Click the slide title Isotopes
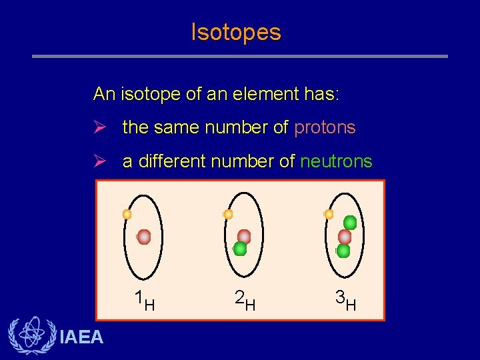click(236, 32)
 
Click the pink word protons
click(325, 127)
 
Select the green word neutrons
click(336, 161)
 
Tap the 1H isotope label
click(144, 301)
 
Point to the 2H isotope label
click(245, 301)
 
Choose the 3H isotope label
click(345, 301)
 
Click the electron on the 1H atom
click(127, 215)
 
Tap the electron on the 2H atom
click(228, 215)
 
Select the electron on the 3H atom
click(329, 215)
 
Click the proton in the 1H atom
click(144, 237)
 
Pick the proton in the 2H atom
click(244, 236)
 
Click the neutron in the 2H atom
click(240, 249)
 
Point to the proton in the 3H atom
click(345, 237)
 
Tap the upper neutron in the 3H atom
click(350, 223)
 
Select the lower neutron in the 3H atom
click(343, 251)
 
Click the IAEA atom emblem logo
click(30, 335)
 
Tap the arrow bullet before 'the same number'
click(100, 127)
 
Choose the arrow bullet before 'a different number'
click(100, 161)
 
